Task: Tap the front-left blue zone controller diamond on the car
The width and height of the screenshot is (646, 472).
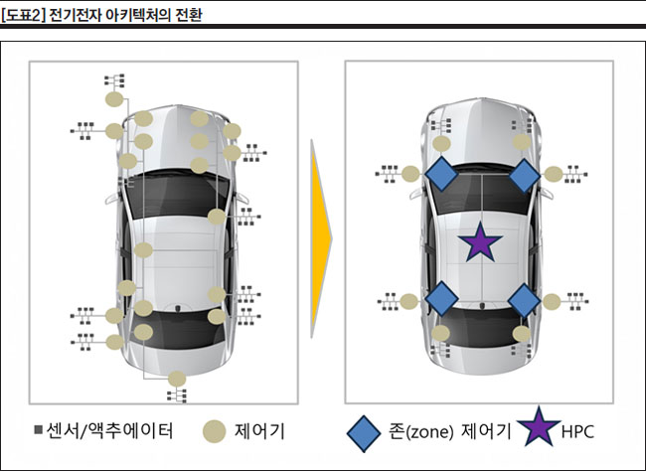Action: tap(441, 176)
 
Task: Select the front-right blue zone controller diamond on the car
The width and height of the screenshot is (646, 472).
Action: tap(524, 176)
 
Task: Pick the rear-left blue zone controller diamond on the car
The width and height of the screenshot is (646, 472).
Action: tap(441, 298)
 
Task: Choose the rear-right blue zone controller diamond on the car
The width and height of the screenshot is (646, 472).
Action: tap(524, 298)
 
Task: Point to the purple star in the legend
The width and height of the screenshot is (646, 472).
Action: tap(538, 430)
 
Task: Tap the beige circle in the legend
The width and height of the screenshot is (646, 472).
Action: tap(214, 431)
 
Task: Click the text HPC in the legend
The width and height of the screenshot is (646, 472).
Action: tap(578, 432)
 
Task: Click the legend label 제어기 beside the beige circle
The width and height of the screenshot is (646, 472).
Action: tap(260, 431)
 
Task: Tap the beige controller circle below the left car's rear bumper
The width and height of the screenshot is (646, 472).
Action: tap(178, 378)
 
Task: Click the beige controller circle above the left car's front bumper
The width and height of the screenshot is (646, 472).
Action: tap(116, 99)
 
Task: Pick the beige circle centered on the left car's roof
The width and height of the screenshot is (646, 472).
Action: tap(143, 250)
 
